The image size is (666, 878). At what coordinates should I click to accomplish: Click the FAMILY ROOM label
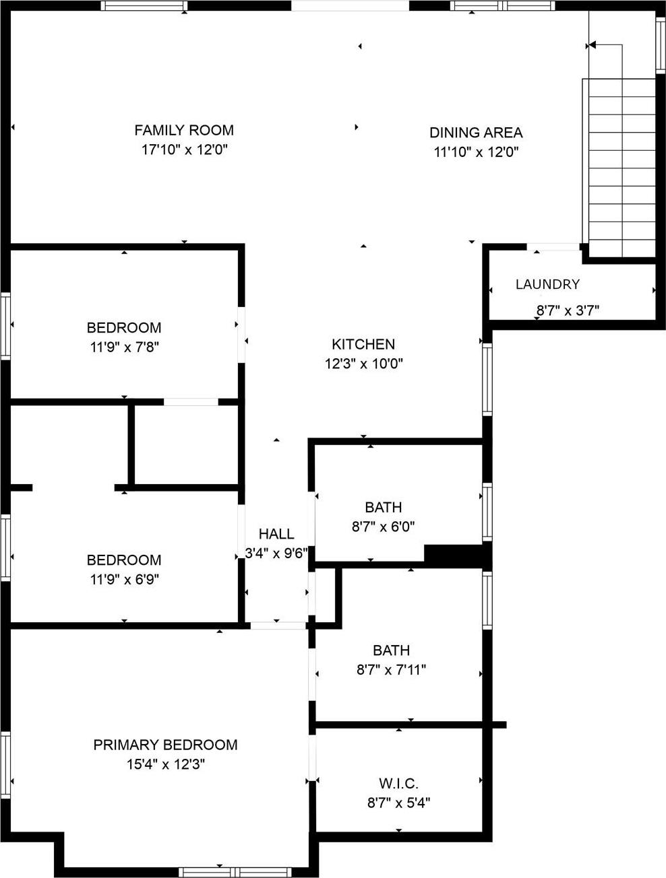click(x=184, y=130)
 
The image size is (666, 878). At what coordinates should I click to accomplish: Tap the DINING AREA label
click(x=476, y=133)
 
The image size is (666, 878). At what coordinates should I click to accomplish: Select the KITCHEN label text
click(x=363, y=344)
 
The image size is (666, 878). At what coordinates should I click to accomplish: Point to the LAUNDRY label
click(x=547, y=284)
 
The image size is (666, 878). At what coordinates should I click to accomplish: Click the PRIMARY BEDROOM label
click(x=165, y=745)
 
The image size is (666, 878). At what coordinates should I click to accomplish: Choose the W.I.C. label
click(x=398, y=784)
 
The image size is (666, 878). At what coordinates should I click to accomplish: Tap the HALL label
click(x=276, y=534)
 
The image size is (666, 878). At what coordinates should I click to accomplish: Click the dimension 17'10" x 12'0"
click(x=184, y=149)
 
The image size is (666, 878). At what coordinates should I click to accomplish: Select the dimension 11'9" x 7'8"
click(x=124, y=347)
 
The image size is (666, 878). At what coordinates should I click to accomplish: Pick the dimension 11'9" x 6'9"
click(x=124, y=579)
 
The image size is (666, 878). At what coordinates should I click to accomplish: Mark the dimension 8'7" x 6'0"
click(x=383, y=527)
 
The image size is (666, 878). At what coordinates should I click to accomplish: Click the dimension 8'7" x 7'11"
click(x=391, y=670)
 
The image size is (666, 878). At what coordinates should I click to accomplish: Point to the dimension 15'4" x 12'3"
click(x=165, y=764)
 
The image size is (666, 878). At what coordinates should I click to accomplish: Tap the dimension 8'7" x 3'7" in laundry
click(x=568, y=310)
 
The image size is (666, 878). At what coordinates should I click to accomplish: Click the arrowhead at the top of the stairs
click(x=592, y=45)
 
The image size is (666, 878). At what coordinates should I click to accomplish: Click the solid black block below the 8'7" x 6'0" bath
click(x=454, y=555)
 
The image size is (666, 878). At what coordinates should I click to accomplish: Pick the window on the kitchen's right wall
click(x=487, y=379)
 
